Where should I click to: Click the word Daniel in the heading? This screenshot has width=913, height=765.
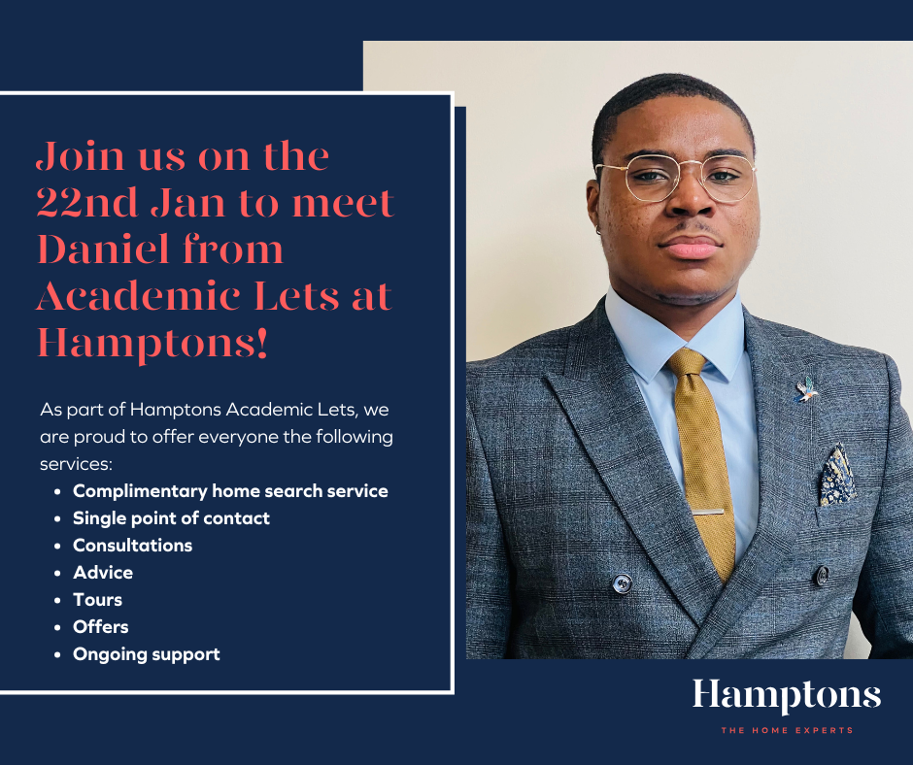pyautogui.click(x=103, y=249)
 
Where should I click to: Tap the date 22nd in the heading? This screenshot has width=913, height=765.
pyautogui.click(x=87, y=203)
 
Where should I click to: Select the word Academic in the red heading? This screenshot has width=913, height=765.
pyautogui.click(x=138, y=296)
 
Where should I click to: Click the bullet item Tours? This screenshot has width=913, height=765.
pyautogui.click(x=97, y=600)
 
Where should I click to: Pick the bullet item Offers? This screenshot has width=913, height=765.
pyautogui.click(x=100, y=627)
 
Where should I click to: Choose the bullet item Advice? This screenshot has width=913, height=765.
pyautogui.click(x=103, y=573)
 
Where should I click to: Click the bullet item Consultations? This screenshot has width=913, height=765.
pyautogui.click(x=132, y=546)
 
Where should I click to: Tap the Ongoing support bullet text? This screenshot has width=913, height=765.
pyautogui.click(x=146, y=654)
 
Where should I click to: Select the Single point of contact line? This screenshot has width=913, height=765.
pyautogui.click(x=171, y=518)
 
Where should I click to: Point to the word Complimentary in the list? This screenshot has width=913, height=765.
pyautogui.click(x=140, y=491)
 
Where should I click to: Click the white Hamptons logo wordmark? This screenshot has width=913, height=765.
pyautogui.click(x=787, y=696)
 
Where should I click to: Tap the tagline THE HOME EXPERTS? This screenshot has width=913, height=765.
pyautogui.click(x=787, y=730)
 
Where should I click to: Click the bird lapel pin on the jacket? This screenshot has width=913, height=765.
pyautogui.click(x=806, y=389)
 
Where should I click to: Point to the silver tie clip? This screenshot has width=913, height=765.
pyautogui.click(x=707, y=512)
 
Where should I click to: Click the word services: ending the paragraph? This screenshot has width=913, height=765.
pyautogui.click(x=76, y=464)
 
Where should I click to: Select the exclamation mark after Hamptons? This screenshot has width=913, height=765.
pyautogui.click(x=261, y=343)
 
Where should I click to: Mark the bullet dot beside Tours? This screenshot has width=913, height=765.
pyautogui.click(x=57, y=600)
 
